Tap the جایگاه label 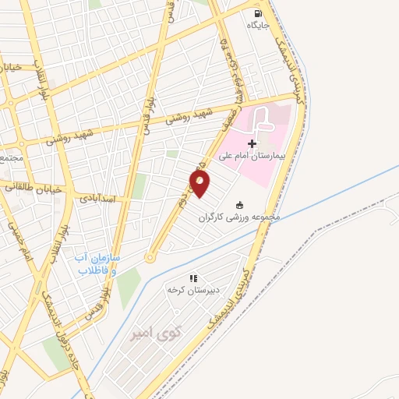click(x=258, y=25)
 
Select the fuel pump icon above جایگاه click(x=258, y=13)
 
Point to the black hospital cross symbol click(x=251, y=143)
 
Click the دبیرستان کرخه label click(x=194, y=289)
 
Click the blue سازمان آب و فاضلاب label click(x=97, y=264)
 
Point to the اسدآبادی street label click(x=101, y=198)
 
